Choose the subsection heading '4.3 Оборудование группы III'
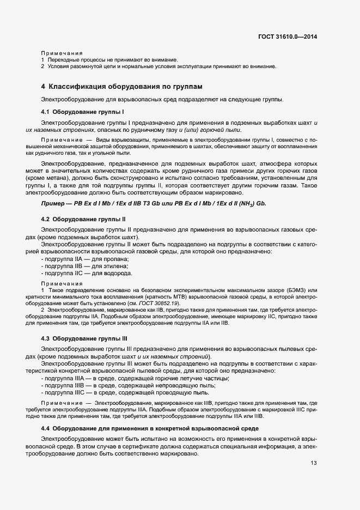click(x=84, y=337)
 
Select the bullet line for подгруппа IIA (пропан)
click(x=85, y=259)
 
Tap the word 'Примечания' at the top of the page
click(x=61, y=53)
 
